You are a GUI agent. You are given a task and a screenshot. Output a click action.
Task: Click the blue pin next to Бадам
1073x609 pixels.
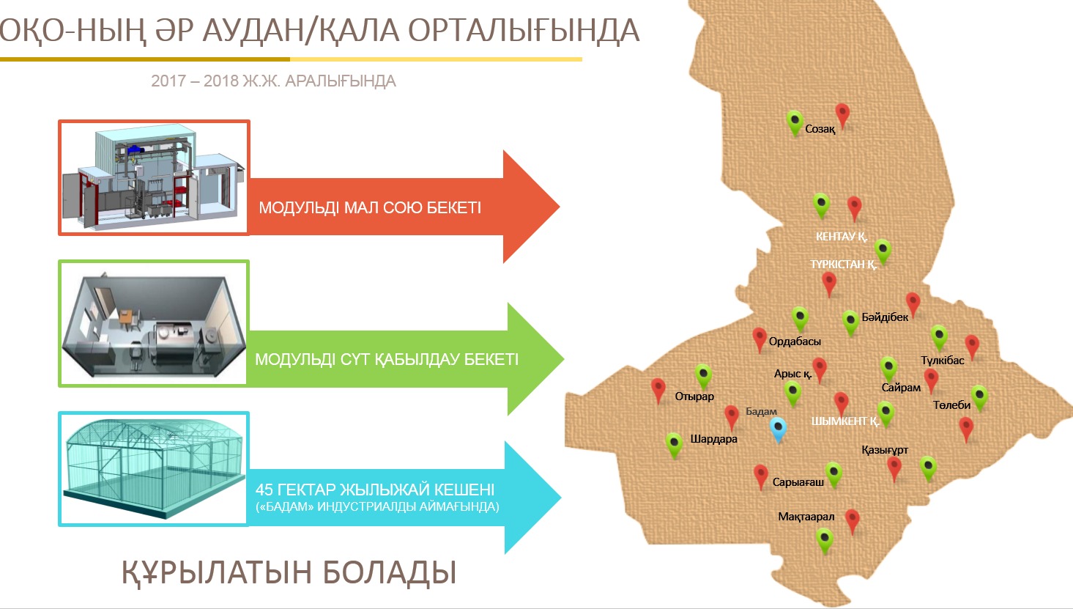click(779, 429)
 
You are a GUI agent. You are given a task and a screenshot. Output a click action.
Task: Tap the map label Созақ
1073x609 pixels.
click(820, 129)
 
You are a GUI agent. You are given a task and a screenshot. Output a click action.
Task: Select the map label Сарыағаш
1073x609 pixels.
click(798, 482)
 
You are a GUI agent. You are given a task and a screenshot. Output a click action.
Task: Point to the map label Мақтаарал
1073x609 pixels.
click(806, 517)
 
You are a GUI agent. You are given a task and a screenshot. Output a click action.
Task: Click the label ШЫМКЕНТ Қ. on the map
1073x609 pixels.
click(844, 421)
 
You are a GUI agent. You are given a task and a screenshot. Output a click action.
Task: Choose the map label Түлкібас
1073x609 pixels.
click(943, 361)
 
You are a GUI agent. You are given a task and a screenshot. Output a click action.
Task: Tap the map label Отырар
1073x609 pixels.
click(694, 396)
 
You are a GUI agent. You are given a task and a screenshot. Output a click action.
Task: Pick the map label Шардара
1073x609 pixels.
click(713, 439)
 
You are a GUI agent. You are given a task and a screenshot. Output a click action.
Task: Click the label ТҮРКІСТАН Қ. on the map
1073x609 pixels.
click(843, 265)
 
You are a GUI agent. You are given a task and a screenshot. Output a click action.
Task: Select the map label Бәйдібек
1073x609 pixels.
click(885, 317)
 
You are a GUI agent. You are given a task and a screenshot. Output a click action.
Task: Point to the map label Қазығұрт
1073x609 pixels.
click(885, 450)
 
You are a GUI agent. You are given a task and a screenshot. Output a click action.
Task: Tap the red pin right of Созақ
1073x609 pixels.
click(842, 114)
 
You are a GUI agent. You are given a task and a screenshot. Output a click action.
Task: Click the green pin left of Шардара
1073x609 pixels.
click(674, 443)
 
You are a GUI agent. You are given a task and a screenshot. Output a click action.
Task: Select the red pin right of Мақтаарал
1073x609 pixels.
click(852, 520)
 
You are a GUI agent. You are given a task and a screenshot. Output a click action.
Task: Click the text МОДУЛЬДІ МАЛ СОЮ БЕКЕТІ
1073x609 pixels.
click(370, 208)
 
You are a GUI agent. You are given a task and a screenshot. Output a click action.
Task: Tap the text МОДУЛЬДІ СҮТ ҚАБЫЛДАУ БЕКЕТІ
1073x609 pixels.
click(387, 360)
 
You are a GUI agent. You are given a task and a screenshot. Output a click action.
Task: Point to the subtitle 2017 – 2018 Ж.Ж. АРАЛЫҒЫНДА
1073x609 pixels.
click(273, 81)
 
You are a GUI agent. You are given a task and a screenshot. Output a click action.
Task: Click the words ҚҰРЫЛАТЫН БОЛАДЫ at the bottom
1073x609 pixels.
click(289, 572)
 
